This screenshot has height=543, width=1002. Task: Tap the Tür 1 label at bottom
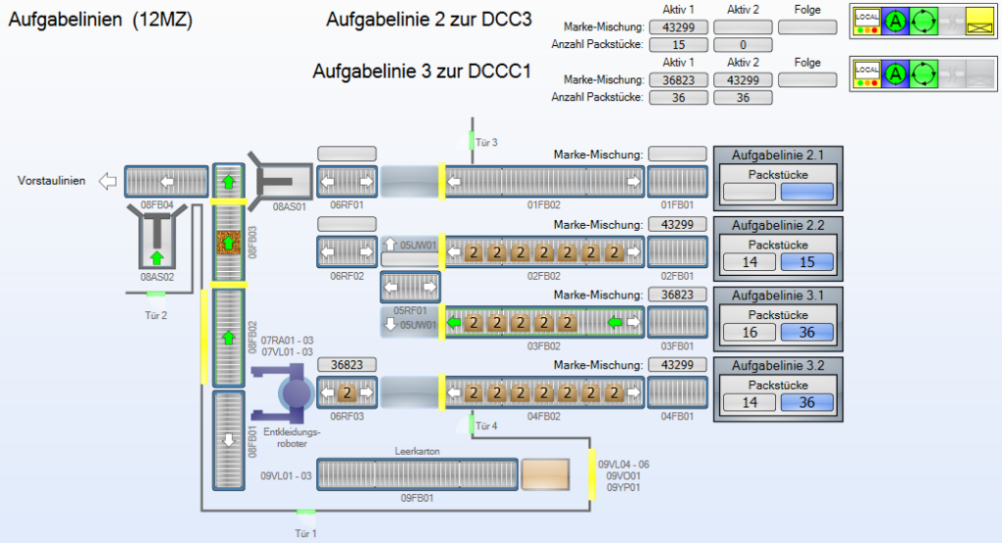306,533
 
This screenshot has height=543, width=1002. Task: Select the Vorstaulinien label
51,181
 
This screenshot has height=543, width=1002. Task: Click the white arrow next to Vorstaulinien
109,181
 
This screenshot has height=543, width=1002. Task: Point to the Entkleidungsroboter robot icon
295,393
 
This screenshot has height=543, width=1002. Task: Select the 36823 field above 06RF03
346,364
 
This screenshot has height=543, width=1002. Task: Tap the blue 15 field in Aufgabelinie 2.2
807,261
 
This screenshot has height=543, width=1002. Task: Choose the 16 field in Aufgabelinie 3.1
750,333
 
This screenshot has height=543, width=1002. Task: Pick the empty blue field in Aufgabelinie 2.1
807,192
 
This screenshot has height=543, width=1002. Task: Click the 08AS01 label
291,206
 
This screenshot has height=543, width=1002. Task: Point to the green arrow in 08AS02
156,257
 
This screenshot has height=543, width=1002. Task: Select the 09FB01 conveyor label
418,498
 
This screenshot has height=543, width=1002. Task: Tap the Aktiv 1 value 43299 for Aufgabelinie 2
679,27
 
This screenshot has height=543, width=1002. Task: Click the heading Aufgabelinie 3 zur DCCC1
422,71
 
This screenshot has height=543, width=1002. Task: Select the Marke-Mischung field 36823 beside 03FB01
677,294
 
